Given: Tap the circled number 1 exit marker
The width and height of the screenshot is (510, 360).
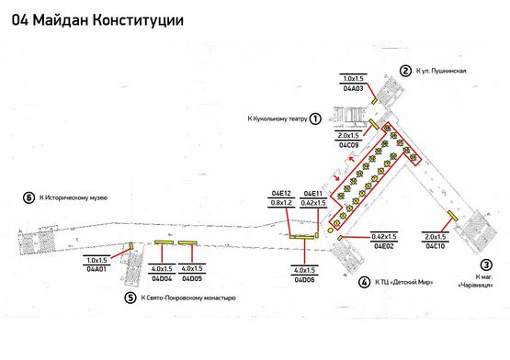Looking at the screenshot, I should point(314,118).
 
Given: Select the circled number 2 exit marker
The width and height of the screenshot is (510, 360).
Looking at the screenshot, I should point(405,71).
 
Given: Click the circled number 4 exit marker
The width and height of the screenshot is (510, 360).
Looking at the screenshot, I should point(365,282).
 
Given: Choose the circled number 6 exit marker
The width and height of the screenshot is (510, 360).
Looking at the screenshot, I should point(28,197).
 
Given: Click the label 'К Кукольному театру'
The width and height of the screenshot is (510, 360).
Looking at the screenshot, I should point(277,118).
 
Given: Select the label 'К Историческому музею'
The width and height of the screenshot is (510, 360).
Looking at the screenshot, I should point(73,197).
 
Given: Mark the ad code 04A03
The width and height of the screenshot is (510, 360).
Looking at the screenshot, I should point(354,89).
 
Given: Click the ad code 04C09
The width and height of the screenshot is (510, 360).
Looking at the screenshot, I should point(350,144).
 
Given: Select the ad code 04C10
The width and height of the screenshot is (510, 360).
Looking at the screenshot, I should point(436,245).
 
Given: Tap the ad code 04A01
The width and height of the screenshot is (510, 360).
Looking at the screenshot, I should point(96,269).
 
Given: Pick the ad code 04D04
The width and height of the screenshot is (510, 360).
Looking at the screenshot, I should point(161,277).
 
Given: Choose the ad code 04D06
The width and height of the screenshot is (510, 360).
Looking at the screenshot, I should point(304,277).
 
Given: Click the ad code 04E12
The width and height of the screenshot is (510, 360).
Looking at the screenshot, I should point(281,193).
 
